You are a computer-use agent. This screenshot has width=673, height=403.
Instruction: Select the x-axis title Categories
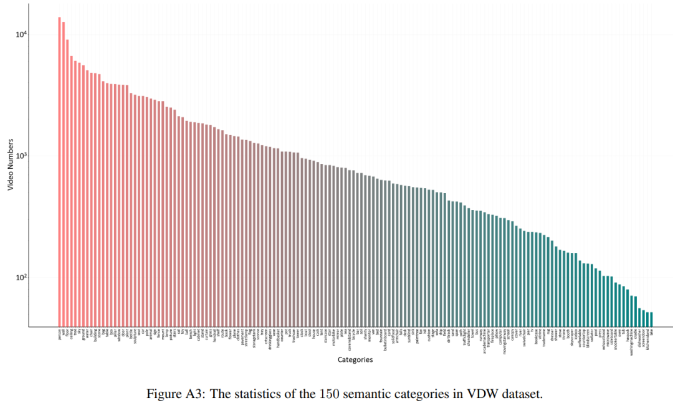355,359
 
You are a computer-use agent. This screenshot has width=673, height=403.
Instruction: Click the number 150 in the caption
328,394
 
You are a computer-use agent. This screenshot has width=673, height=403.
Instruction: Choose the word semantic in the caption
363,394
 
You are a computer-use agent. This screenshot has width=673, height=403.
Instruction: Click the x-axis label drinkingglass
269,339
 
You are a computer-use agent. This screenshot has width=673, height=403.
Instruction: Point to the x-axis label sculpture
135,336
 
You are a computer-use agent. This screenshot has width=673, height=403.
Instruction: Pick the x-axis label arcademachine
484,341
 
